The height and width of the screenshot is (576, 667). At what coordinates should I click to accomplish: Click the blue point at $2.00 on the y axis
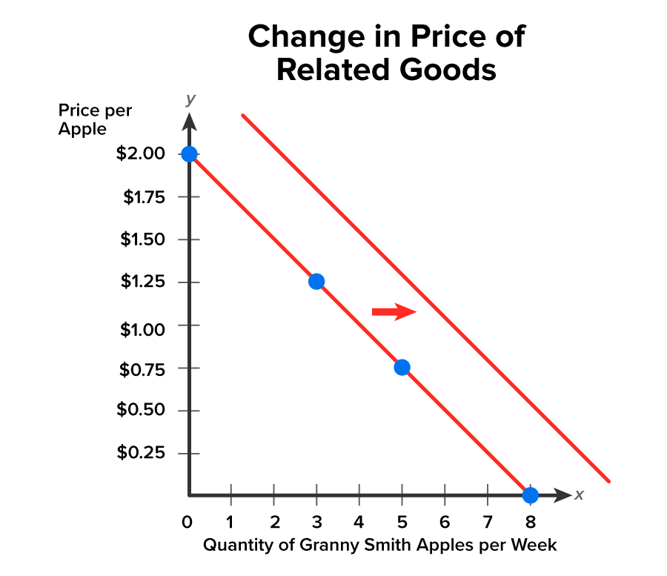(189, 154)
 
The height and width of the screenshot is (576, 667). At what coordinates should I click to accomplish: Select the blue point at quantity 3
(316, 282)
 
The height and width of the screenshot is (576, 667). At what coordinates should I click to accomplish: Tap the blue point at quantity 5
(402, 367)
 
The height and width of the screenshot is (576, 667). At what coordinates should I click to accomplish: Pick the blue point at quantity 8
(530, 494)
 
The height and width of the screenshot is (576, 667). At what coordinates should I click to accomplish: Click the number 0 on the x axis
(188, 521)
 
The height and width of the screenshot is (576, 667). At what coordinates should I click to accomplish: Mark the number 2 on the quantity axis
(274, 521)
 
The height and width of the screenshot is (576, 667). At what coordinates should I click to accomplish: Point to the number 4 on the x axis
(359, 521)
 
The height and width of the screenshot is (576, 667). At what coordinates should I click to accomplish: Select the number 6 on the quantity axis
(445, 521)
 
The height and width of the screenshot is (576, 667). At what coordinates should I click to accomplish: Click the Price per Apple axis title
(95, 119)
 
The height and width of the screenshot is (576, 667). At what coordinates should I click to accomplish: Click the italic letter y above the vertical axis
(190, 99)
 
